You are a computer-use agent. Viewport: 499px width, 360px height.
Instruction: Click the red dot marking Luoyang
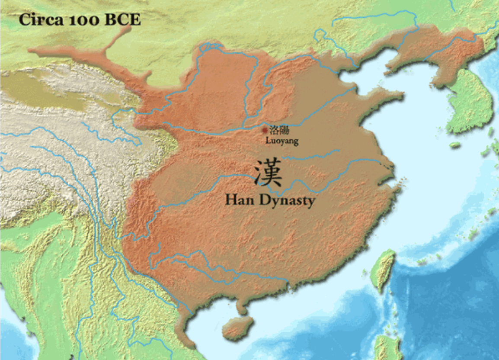(x=265, y=130)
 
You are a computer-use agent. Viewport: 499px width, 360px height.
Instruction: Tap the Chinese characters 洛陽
(x=279, y=130)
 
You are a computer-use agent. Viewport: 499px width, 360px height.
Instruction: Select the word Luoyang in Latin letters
(x=281, y=141)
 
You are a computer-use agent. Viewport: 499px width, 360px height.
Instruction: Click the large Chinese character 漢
(x=268, y=172)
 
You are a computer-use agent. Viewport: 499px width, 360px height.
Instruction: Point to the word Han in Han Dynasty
(x=237, y=200)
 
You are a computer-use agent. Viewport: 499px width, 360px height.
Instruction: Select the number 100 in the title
(x=81, y=20)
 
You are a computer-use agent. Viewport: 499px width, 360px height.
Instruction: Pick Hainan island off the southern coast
(x=236, y=328)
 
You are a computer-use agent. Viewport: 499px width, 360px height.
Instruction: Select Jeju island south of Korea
(x=454, y=145)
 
